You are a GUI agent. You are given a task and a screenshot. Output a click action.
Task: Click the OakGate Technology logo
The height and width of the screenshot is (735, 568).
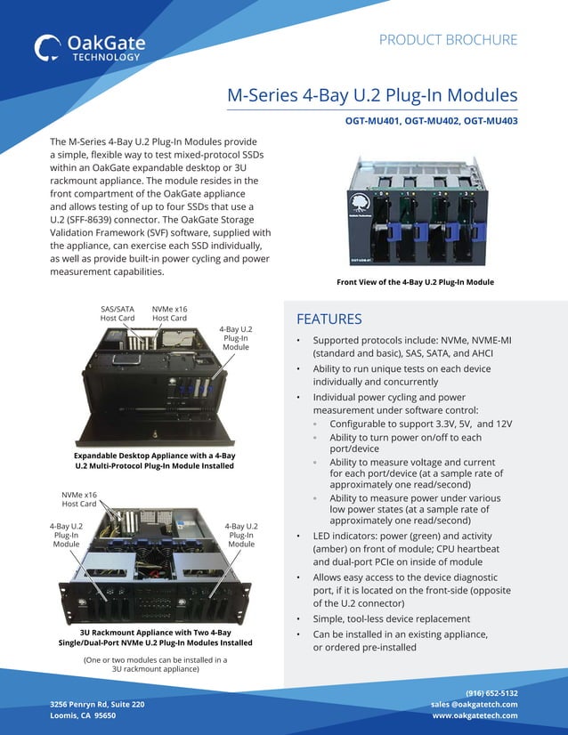(87, 47)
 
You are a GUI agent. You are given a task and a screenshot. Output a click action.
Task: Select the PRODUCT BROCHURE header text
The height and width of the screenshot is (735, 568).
(448, 40)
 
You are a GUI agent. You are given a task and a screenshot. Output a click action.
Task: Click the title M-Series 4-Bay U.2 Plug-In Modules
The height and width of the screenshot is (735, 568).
(372, 95)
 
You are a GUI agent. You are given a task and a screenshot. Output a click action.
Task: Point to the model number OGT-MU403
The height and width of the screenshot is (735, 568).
(489, 121)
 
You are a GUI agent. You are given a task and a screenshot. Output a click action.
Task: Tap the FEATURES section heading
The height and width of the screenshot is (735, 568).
(329, 319)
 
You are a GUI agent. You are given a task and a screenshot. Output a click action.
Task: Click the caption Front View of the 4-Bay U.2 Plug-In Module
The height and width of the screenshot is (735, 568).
(415, 282)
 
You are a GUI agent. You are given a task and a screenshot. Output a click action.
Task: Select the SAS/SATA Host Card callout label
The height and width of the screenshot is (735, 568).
(117, 313)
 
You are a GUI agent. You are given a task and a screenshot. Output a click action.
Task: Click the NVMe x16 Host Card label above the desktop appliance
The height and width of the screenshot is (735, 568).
(169, 313)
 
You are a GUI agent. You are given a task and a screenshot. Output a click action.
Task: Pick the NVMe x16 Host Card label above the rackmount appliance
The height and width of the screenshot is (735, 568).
(79, 499)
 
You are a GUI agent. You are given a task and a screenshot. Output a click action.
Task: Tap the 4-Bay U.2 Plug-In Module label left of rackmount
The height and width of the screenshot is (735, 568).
(66, 535)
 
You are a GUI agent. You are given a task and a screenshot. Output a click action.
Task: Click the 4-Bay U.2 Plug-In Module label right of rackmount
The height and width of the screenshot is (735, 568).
(241, 535)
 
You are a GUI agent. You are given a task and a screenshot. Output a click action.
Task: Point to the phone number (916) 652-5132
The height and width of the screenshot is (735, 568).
(491, 692)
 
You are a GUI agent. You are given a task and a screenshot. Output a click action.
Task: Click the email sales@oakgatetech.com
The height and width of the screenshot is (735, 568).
(474, 704)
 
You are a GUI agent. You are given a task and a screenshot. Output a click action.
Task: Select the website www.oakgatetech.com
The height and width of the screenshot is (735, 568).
(475, 715)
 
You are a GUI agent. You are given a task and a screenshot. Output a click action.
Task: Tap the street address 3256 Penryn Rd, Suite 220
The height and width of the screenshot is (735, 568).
(97, 704)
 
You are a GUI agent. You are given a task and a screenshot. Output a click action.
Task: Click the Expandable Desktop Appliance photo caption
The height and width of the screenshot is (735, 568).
(154, 461)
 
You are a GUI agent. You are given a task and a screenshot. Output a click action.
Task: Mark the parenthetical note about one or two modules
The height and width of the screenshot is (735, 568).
(155, 665)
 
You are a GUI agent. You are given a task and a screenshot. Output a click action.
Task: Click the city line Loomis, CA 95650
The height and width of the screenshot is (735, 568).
(83, 715)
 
